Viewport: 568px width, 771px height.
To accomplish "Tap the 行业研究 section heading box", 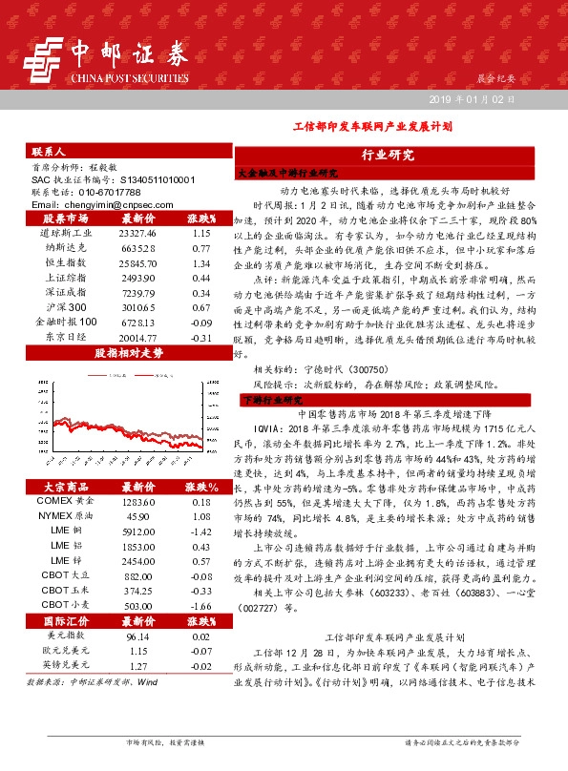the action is point(388,155).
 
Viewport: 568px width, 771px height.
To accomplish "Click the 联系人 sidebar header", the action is point(48,152).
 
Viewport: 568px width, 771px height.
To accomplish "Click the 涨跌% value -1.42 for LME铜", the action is point(200,531).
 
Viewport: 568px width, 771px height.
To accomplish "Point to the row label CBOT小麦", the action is point(66,605).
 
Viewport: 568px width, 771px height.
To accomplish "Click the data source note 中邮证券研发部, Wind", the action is point(93,683).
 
